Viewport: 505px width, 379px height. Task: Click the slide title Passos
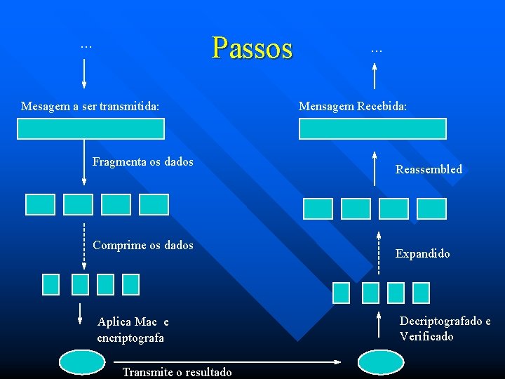point(252,48)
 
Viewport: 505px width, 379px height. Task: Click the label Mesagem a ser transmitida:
point(90,107)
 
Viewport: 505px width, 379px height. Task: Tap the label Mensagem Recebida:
point(353,107)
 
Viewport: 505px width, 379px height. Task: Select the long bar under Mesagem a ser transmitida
point(91,128)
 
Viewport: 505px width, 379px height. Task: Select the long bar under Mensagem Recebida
point(372,128)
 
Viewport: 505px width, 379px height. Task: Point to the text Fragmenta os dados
point(143,162)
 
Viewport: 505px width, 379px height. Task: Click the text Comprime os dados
point(143,245)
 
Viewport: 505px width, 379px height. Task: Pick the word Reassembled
point(429,169)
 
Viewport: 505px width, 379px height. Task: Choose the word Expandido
point(423,253)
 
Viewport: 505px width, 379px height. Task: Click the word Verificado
point(426,336)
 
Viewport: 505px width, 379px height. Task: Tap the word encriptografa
point(130,338)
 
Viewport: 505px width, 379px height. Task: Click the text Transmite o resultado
point(177,372)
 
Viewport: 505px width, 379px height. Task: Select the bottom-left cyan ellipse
point(81,362)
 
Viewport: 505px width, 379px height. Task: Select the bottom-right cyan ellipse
point(381,362)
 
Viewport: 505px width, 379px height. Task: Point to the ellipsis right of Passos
point(377,49)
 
